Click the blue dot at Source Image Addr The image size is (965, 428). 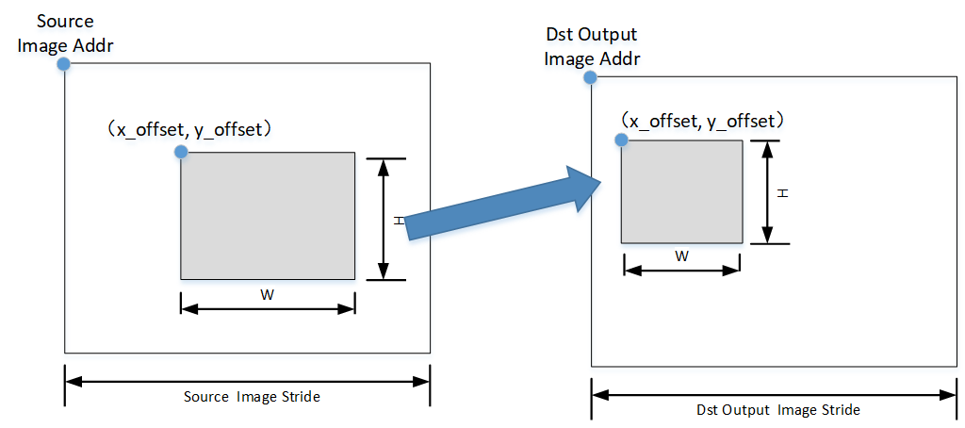click(x=63, y=64)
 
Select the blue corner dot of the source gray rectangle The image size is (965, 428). click(x=180, y=152)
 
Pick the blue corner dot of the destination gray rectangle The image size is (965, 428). click(x=621, y=140)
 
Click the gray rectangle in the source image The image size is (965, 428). click(x=268, y=216)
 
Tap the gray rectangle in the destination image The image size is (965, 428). click(x=680, y=192)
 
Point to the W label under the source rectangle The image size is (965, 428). click(x=268, y=294)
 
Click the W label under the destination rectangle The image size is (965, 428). click(x=681, y=255)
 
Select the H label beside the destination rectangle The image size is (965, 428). click(x=782, y=192)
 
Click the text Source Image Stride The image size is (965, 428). click(x=252, y=397)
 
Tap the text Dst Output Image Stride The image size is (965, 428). click(x=778, y=410)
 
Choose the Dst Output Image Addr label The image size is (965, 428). click(x=592, y=47)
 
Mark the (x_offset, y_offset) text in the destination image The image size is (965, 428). click(x=703, y=121)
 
